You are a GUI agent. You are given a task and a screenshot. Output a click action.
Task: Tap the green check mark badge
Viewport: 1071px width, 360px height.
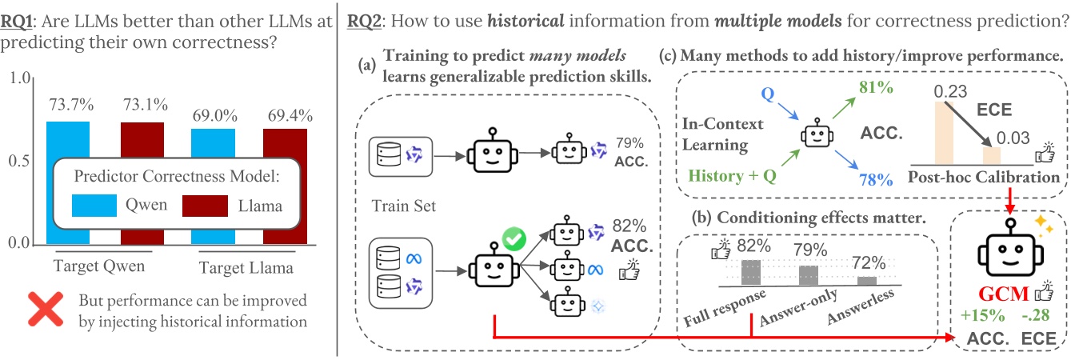coord(512,238)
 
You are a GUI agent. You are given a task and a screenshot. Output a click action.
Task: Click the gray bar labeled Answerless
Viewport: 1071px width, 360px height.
coord(866,280)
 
